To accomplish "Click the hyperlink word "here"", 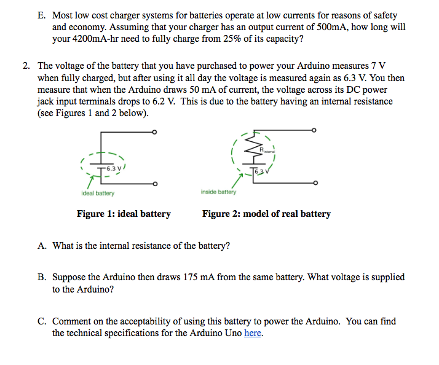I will [x=253, y=333].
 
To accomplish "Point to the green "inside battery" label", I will [x=218, y=192].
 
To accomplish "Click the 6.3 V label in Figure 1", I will [x=113, y=167].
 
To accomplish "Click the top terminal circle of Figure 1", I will [x=155, y=132].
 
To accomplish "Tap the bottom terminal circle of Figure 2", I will [x=315, y=183].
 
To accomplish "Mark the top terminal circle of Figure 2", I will [x=315, y=130].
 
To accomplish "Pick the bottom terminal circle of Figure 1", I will [x=155, y=184].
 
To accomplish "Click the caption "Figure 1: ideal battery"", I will [x=124, y=214].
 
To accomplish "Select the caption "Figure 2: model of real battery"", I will [x=266, y=214].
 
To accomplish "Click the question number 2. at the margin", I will [x=27, y=66].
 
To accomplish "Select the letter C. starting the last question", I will [x=42, y=321].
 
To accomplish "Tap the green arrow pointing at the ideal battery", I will [x=90, y=182].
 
